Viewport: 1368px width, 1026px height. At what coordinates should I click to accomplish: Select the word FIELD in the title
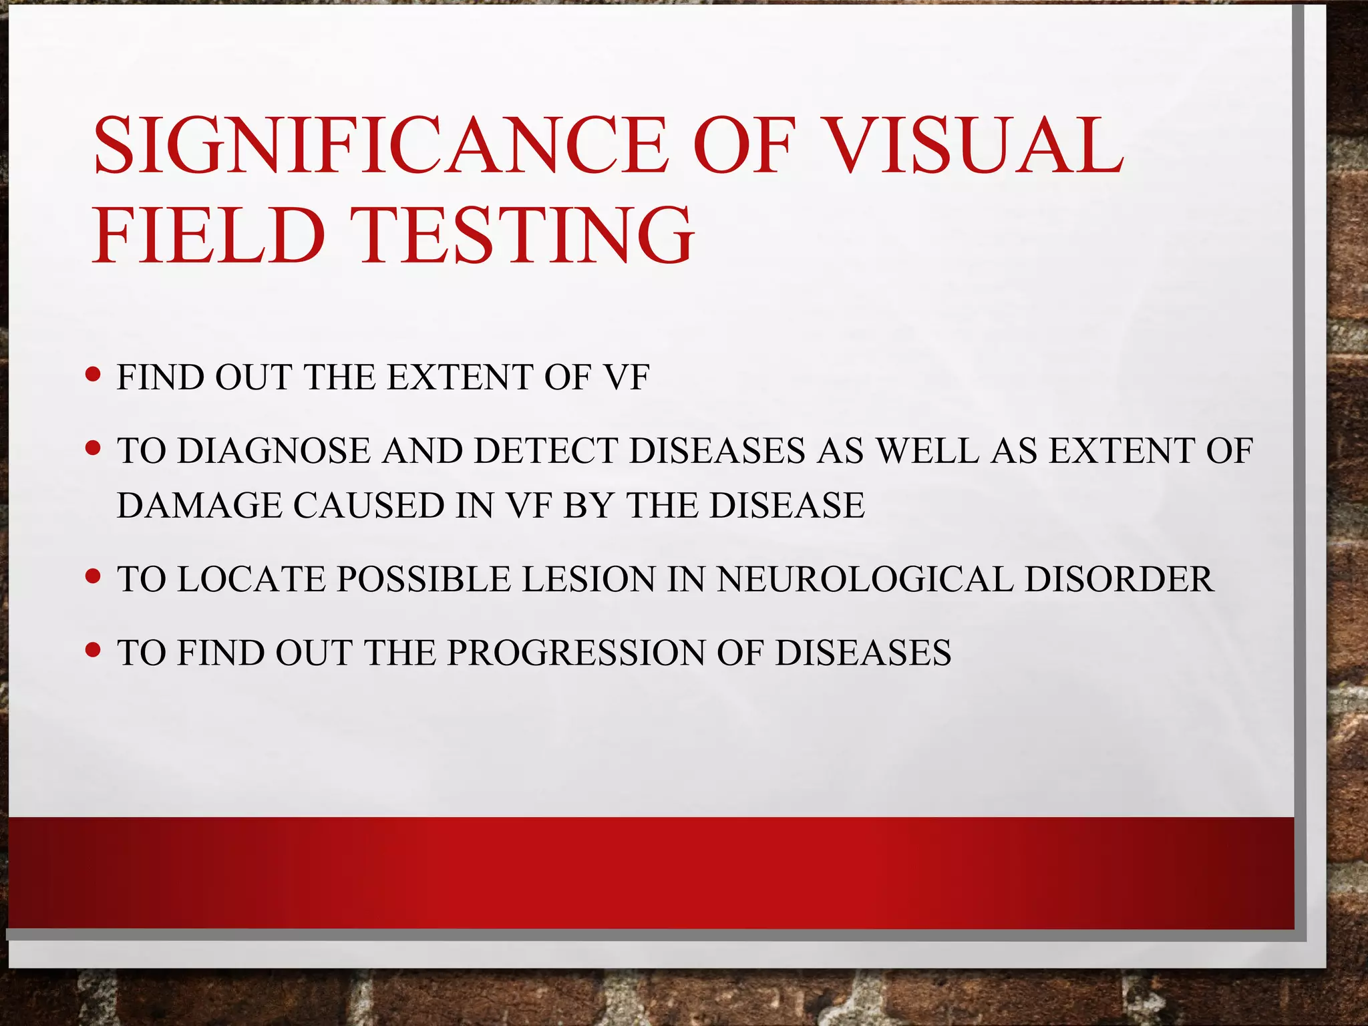[208, 235]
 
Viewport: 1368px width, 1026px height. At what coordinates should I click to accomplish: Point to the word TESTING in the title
[526, 235]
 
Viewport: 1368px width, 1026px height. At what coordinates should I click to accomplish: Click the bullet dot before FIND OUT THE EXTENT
[94, 374]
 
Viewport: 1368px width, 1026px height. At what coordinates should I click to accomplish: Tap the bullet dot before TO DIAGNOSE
[94, 448]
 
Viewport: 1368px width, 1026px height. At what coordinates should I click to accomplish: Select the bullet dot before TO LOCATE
[94, 575]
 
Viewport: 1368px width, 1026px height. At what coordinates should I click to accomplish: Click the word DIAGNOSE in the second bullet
[274, 451]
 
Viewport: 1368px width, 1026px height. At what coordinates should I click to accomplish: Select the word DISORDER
[1119, 579]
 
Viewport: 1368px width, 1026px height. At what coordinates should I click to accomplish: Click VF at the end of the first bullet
[625, 377]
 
